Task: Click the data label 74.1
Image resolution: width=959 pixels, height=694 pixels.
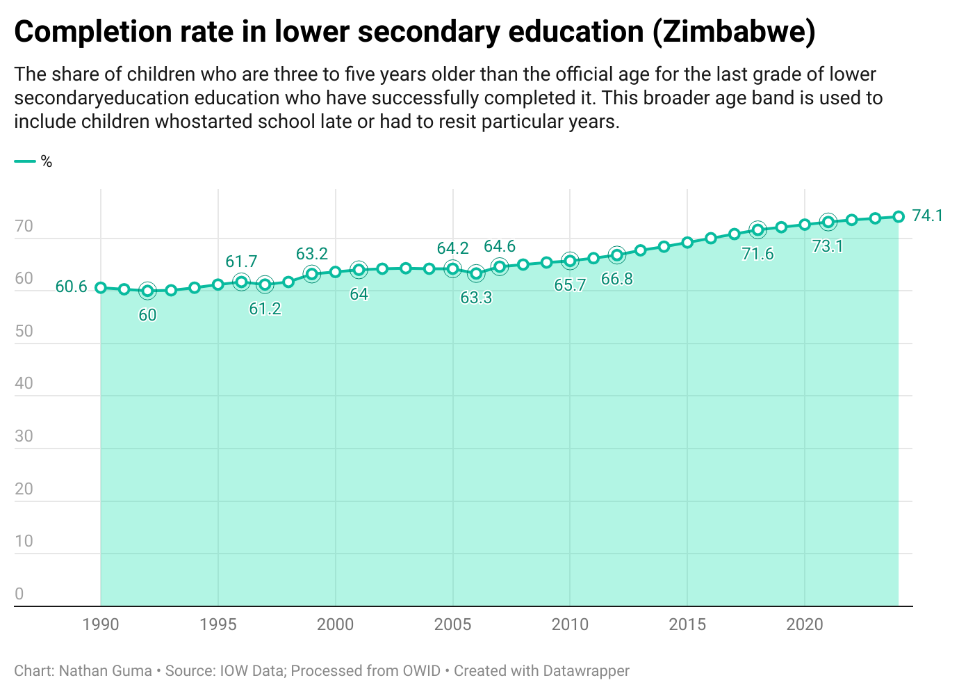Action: point(927,216)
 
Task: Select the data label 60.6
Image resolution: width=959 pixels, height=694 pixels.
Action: point(71,287)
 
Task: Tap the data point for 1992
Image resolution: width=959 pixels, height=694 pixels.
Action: point(147,291)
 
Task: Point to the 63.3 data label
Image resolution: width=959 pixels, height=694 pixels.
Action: point(476,298)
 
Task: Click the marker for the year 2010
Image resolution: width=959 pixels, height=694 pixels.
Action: point(570,261)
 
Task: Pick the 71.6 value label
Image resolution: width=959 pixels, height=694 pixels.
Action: point(757,254)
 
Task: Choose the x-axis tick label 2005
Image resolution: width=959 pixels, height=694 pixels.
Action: point(452,624)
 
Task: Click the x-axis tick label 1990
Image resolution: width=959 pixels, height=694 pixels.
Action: point(101,624)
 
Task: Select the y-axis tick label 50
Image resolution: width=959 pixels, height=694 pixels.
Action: point(24,331)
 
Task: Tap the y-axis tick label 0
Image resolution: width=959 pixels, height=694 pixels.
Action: point(19,594)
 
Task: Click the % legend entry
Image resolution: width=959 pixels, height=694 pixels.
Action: point(46,162)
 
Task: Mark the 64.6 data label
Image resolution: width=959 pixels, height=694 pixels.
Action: point(500,246)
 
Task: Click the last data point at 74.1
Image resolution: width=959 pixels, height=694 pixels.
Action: point(899,216)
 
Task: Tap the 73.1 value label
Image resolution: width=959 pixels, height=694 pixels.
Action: point(828,245)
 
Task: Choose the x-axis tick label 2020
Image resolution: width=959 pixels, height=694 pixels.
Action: point(805,624)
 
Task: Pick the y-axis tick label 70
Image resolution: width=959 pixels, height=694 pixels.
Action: point(24,226)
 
